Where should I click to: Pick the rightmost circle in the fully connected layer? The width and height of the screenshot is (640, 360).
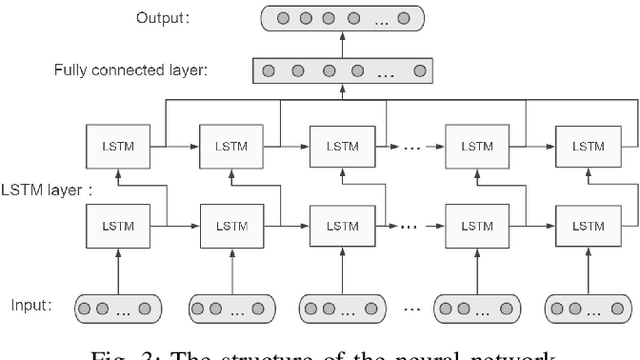[x=419, y=71]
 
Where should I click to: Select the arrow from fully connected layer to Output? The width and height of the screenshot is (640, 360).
[x=342, y=43]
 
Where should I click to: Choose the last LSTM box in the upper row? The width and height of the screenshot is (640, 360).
[x=583, y=146]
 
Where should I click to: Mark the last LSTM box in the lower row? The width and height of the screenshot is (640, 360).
[x=583, y=221]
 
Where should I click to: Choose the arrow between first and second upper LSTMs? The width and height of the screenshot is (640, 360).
[x=175, y=146]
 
